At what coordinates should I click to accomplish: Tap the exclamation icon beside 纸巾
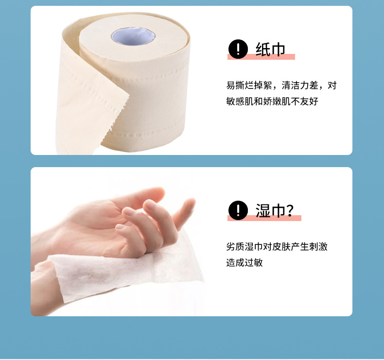(238, 49)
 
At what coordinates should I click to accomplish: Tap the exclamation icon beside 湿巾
(238, 210)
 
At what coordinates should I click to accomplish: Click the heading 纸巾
(270, 49)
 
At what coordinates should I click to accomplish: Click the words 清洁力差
(300, 86)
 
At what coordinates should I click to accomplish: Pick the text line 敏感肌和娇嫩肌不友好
(272, 102)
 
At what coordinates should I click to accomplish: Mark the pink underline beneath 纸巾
(261, 57)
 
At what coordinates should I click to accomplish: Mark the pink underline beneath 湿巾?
(264, 218)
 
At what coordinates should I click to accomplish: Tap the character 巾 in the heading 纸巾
(278, 49)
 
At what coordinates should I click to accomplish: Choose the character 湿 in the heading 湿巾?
(263, 210)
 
